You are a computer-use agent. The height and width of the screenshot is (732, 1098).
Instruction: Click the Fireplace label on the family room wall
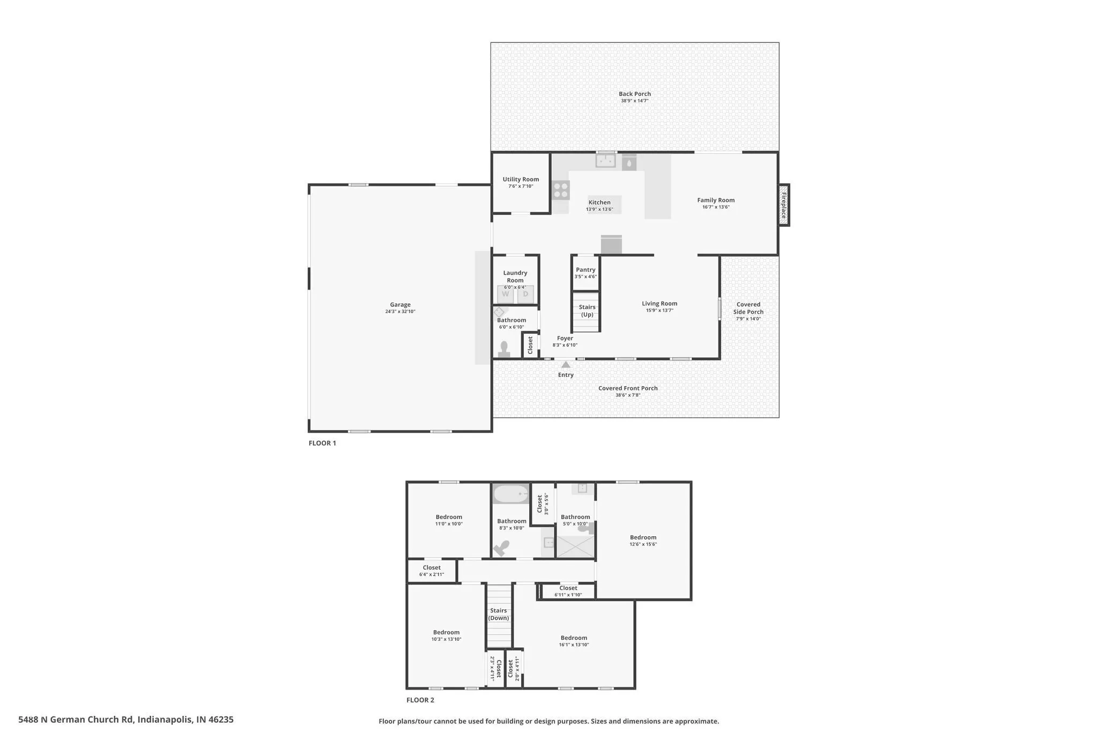click(x=783, y=205)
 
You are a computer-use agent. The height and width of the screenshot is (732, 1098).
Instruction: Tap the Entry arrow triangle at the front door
click(x=566, y=365)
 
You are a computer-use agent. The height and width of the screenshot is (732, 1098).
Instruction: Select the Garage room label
click(x=400, y=305)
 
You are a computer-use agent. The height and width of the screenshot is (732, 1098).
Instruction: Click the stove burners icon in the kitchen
click(x=561, y=190)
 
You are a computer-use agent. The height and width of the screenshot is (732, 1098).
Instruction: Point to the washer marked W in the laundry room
click(x=506, y=294)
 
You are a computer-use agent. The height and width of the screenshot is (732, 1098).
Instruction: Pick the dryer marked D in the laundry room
click(x=525, y=294)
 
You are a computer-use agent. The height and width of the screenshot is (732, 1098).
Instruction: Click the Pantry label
click(x=585, y=270)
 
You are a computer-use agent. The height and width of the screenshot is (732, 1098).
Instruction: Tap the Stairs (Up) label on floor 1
click(x=587, y=311)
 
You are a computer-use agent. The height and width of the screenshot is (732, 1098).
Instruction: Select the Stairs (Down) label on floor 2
click(x=499, y=614)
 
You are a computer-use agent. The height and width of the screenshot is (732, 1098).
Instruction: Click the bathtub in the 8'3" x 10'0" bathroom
click(x=511, y=494)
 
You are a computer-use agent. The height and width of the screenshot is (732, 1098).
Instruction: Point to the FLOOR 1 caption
click(x=322, y=443)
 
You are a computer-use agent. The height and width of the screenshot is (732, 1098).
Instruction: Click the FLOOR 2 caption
click(x=420, y=700)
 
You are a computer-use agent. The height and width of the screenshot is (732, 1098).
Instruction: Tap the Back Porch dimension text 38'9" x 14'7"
click(x=635, y=101)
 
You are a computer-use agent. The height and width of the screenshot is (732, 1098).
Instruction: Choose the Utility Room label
click(x=521, y=180)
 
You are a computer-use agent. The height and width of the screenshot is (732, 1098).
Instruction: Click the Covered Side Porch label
click(x=748, y=308)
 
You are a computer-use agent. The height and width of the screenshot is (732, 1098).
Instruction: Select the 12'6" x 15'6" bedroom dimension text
click(x=643, y=544)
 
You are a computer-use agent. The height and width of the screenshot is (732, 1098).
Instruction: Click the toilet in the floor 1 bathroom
click(x=503, y=350)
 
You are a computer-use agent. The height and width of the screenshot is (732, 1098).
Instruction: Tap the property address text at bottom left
click(x=126, y=720)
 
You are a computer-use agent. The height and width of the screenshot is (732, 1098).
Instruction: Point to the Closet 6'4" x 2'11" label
click(x=432, y=567)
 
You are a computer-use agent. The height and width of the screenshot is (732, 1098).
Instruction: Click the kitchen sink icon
click(x=606, y=160)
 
